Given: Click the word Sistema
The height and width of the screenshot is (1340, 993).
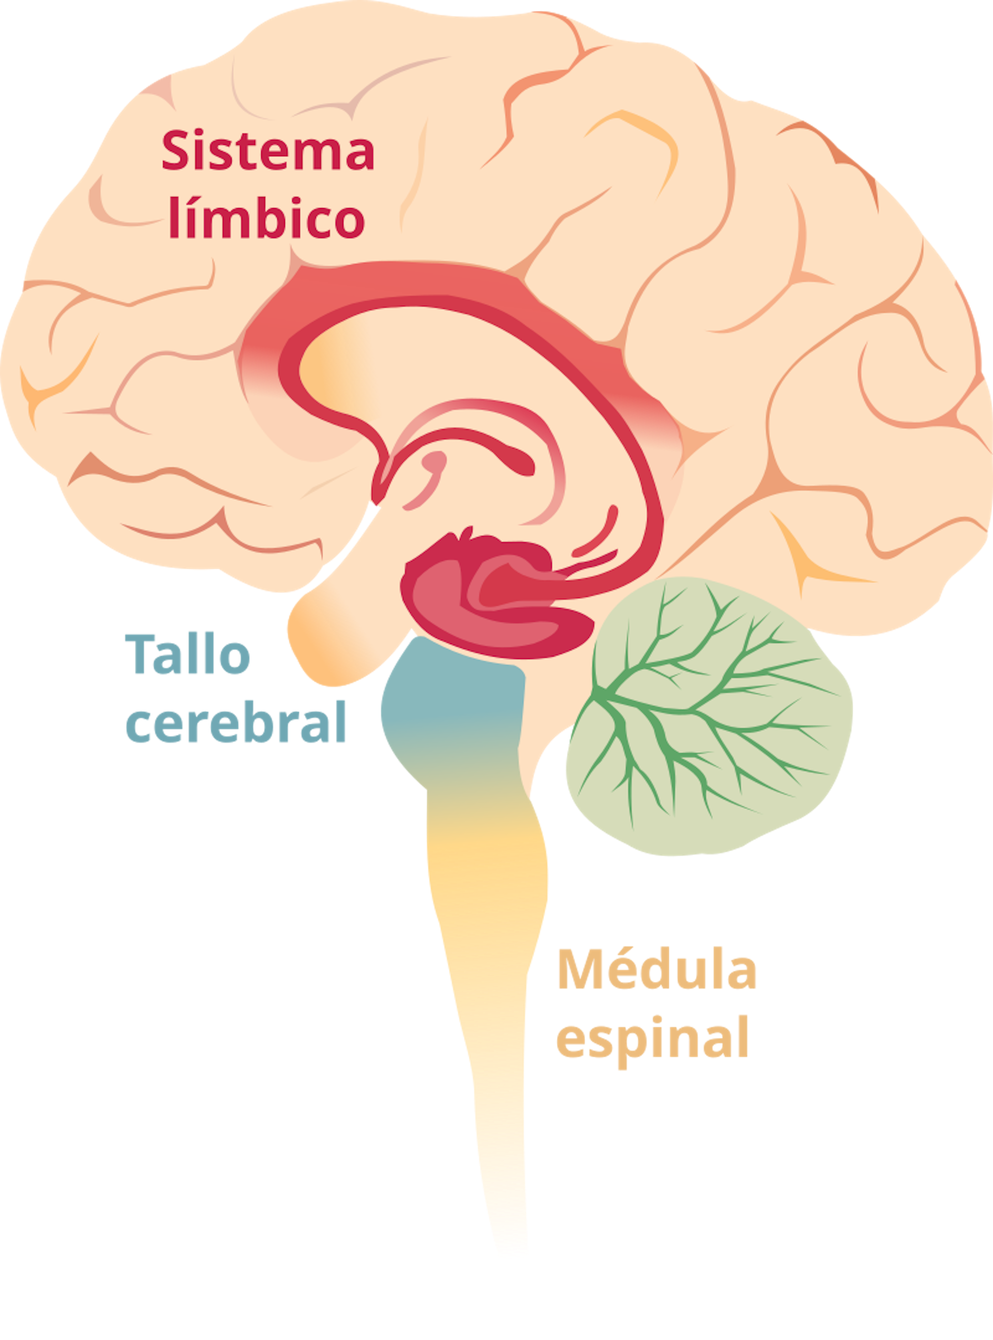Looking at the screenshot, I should point(268,152).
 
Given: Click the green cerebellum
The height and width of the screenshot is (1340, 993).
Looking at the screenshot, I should point(709,721).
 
